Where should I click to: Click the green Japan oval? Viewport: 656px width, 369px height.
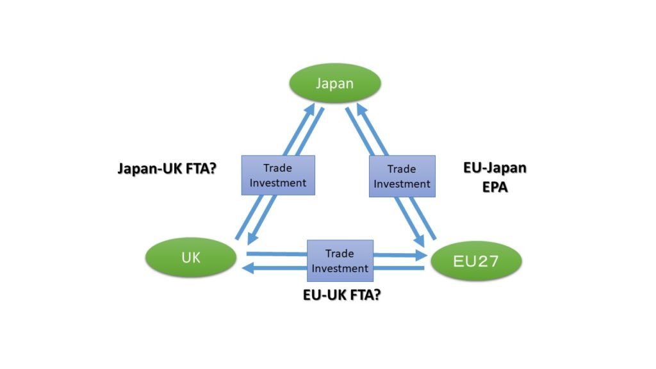click(x=334, y=83)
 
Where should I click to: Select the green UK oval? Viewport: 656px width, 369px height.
click(x=191, y=258)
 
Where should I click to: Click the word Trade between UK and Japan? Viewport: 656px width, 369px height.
click(x=277, y=168)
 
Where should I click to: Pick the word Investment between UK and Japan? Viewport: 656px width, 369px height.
click(x=277, y=183)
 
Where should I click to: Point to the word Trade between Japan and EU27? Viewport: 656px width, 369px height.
click(x=402, y=170)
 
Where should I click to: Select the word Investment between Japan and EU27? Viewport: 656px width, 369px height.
click(x=402, y=184)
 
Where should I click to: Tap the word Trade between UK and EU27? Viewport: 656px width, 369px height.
click(x=340, y=254)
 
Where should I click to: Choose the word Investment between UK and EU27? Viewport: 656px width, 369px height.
click(x=340, y=268)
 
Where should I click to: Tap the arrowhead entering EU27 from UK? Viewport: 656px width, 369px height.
click(x=420, y=256)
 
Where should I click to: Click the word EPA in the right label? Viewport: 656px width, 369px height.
click(x=494, y=188)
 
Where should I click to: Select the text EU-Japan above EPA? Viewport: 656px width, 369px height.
click(x=494, y=168)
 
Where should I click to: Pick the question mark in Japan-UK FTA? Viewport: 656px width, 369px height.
click(x=212, y=169)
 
